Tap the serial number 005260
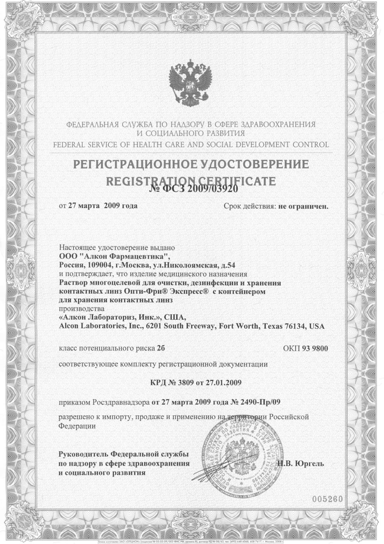coord(327,499)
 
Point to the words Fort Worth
coord(240,326)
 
